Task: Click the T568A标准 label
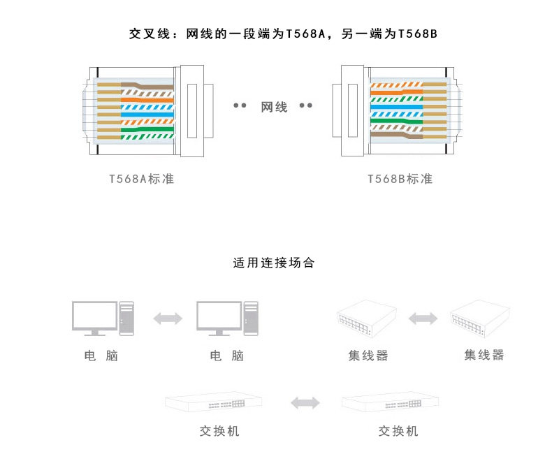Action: [x=142, y=179]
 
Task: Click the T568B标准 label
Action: [x=400, y=179]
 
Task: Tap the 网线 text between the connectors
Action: [x=274, y=107]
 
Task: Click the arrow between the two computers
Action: [x=168, y=319]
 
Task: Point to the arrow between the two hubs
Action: [x=423, y=319]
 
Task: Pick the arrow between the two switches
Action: [x=305, y=402]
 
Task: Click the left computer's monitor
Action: [x=94, y=316]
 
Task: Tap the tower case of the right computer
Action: [x=251, y=318]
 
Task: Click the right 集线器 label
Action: [x=484, y=355]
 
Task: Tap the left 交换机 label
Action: [x=219, y=431]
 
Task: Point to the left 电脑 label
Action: [x=101, y=356]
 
